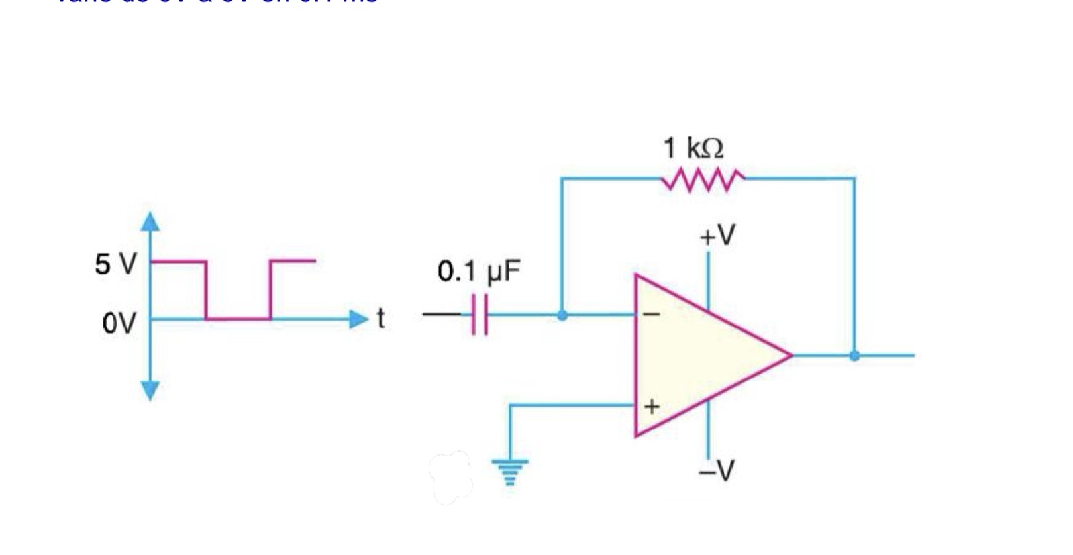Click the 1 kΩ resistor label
coord(693,148)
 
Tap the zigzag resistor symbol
coord(703,179)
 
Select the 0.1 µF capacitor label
coord(479,272)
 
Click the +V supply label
coord(717,235)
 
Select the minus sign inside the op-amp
coord(652,315)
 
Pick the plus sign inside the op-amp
coord(652,405)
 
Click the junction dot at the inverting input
coord(562,315)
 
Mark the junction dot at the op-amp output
coord(854,356)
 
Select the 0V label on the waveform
coord(119,324)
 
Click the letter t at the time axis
coord(380,319)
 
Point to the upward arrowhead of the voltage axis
coord(151,221)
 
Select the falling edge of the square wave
coord(206,290)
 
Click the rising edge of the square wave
coord(270,290)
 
